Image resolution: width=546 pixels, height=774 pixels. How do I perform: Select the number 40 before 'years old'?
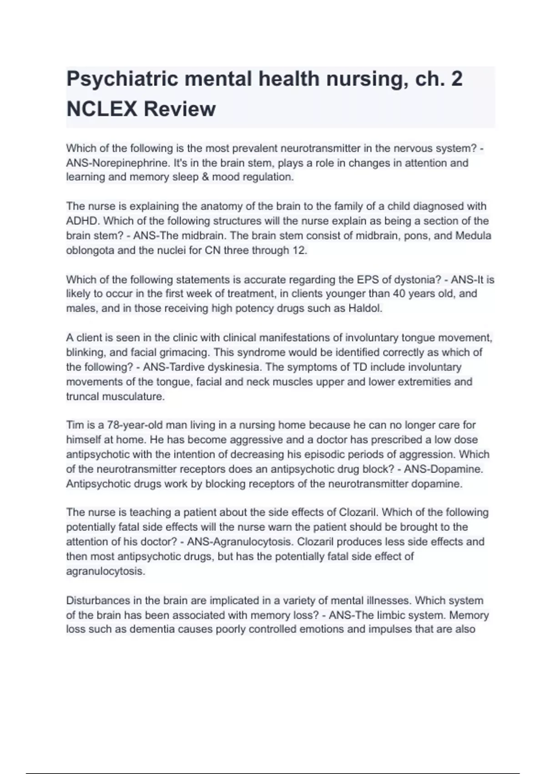pyautogui.click(x=399, y=294)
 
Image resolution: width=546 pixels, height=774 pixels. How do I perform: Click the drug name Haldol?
pyautogui.click(x=364, y=308)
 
